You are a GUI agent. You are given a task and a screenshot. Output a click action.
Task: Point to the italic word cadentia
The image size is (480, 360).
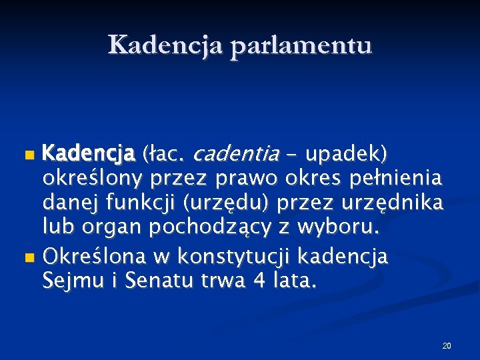235,155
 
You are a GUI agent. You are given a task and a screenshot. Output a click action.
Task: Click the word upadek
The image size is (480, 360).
344,155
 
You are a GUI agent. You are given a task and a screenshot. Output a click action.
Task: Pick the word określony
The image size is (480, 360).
93,179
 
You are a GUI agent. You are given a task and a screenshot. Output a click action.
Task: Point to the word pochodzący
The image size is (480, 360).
225,228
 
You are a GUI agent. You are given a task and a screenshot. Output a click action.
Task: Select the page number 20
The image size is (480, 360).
446,345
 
